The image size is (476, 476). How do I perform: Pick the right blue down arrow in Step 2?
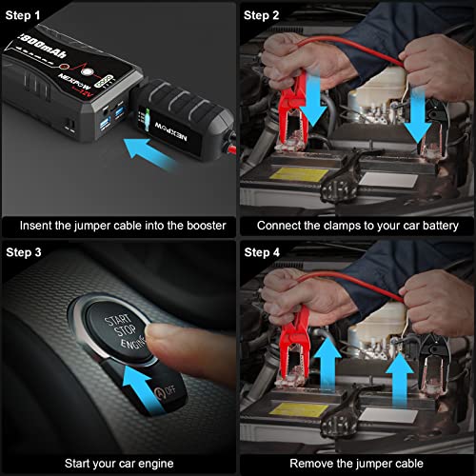[416, 114]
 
